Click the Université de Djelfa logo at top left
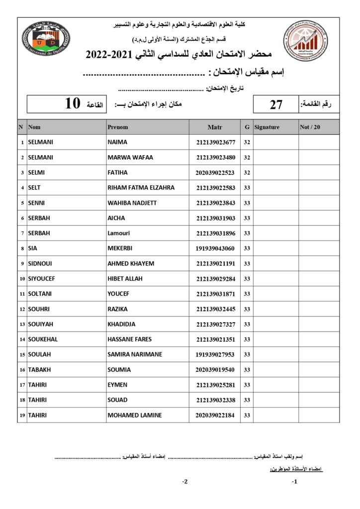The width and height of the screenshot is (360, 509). point(46,39)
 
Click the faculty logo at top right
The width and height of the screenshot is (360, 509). point(306,40)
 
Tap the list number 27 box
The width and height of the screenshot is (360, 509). point(276,104)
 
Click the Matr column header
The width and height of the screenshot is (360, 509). point(214,127)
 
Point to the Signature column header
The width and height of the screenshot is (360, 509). point(267,127)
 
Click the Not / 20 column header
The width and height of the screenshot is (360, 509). point(310,127)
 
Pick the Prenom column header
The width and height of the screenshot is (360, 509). point(118,127)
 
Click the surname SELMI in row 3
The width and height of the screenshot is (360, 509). point(35,172)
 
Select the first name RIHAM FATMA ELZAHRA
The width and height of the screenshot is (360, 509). point(141,188)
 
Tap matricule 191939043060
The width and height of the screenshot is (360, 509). point(215,248)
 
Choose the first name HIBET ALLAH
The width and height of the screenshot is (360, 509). point(125,278)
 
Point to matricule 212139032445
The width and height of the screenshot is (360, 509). point(215,309)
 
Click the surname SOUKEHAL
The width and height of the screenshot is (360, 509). point(43,339)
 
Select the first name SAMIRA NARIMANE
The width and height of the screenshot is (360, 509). point(135,354)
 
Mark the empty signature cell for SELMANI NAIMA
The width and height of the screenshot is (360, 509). point(275,142)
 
